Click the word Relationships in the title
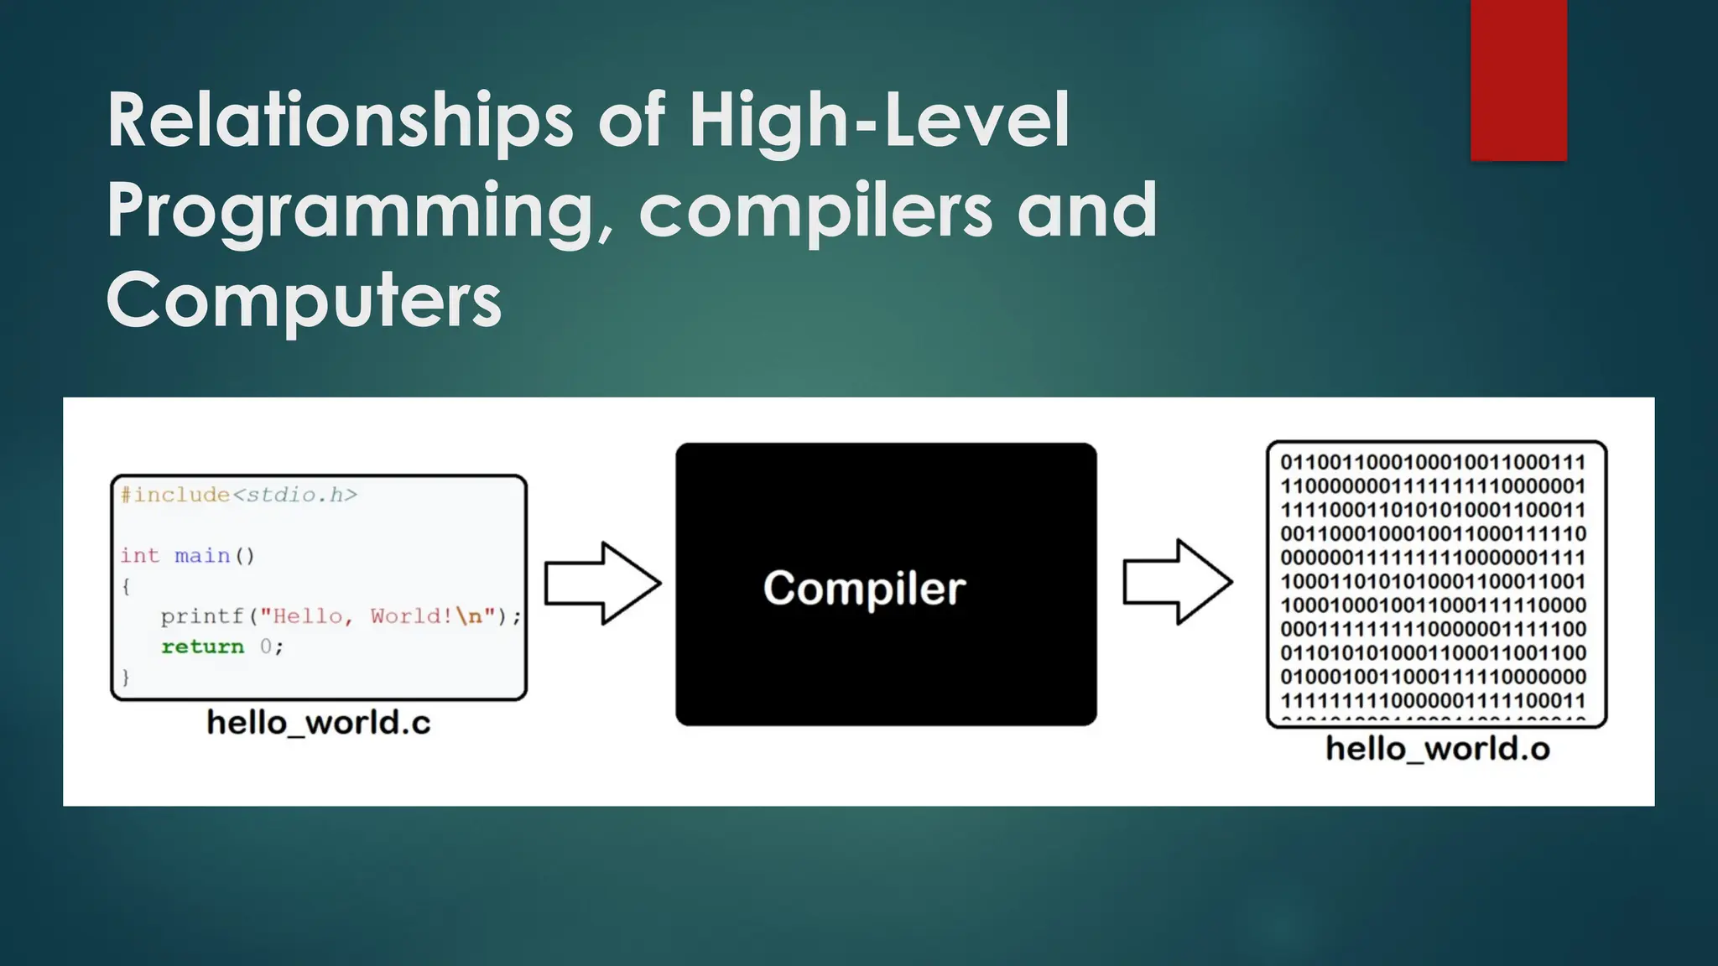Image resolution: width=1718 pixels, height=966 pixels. tap(340, 122)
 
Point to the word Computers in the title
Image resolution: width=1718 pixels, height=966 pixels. tap(304, 300)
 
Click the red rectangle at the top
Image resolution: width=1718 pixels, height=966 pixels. tap(1518, 80)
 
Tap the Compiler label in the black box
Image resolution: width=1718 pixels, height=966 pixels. tap(864, 588)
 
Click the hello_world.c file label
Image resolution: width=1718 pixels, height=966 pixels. tap(319, 723)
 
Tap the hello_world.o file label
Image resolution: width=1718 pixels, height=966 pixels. tap(1437, 749)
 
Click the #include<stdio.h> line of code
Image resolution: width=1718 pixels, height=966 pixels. tap(239, 495)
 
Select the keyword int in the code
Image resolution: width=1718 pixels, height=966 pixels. tap(139, 556)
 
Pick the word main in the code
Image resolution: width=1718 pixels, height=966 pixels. tap(202, 556)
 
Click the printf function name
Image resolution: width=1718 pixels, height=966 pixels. tap(201, 617)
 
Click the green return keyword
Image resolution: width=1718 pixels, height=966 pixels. tap(202, 647)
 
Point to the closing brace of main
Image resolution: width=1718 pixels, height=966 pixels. tap(126, 677)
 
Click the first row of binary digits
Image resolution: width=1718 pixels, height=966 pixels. tap(1433, 463)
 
